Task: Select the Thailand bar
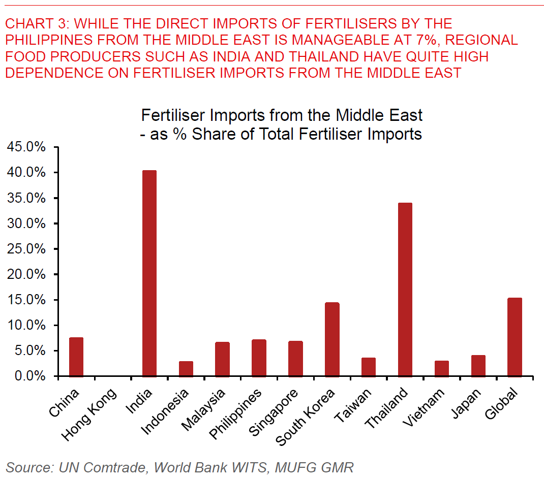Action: [405, 290]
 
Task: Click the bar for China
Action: [76, 357]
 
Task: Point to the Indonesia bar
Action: [186, 369]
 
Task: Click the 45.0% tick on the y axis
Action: [26, 147]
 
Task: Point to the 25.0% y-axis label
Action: [26, 249]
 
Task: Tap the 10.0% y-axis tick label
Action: [26, 326]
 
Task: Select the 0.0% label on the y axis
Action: [29, 376]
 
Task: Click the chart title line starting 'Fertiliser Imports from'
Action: [282, 115]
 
